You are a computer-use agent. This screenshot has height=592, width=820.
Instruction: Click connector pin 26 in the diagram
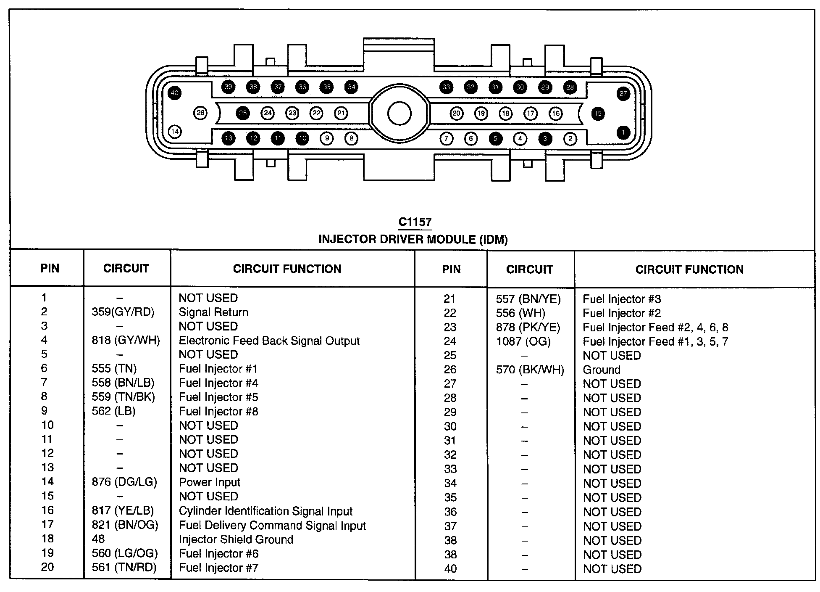[x=201, y=113]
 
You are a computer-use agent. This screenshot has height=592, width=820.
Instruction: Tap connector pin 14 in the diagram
[x=175, y=132]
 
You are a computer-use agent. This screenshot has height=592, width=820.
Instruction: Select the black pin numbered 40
[x=175, y=93]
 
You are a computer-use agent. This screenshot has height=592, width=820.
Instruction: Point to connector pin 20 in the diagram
[x=457, y=114]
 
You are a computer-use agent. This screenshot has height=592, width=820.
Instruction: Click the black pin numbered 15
[x=598, y=114]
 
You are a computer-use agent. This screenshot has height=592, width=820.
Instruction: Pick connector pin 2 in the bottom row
[x=570, y=139]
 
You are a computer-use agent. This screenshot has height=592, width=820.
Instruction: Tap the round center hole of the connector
[x=399, y=114]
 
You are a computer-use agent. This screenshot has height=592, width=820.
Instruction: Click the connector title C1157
[x=415, y=222]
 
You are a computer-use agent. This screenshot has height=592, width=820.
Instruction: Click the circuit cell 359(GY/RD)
[x=123, y=312]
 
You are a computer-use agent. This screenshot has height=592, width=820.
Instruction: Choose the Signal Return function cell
[x=213, y=312]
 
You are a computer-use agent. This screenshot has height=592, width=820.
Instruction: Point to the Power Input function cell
[x=210, y=482]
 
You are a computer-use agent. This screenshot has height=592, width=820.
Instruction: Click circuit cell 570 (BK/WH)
[x=530, y=370]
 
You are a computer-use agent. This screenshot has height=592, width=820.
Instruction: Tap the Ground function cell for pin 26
[x=602, y=370]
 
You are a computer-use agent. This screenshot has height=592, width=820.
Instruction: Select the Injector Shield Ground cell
[x=236, y=539]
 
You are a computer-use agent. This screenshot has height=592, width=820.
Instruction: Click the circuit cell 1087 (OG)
[x=523, y=341]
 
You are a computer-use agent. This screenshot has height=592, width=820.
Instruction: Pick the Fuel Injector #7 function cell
[x=218, y=568]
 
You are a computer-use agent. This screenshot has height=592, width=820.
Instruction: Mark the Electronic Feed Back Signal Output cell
[x=269, y=341]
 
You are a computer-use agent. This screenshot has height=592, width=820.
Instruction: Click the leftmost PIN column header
[x=50, y=268]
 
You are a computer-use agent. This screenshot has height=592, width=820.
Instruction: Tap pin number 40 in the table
[x=450, y=569]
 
